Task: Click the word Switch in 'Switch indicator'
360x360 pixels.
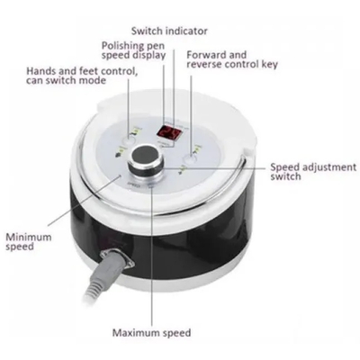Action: [x=147, y=31]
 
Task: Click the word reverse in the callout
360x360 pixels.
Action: [x=203, y=65]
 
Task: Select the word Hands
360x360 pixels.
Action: [x=40, y=71]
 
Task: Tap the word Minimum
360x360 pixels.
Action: [x=29, y=237]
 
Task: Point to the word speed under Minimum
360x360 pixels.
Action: [x=20, y=247]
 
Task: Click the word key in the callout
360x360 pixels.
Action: [x=270, y=65]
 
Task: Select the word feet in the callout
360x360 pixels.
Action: [x=88, y=71]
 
